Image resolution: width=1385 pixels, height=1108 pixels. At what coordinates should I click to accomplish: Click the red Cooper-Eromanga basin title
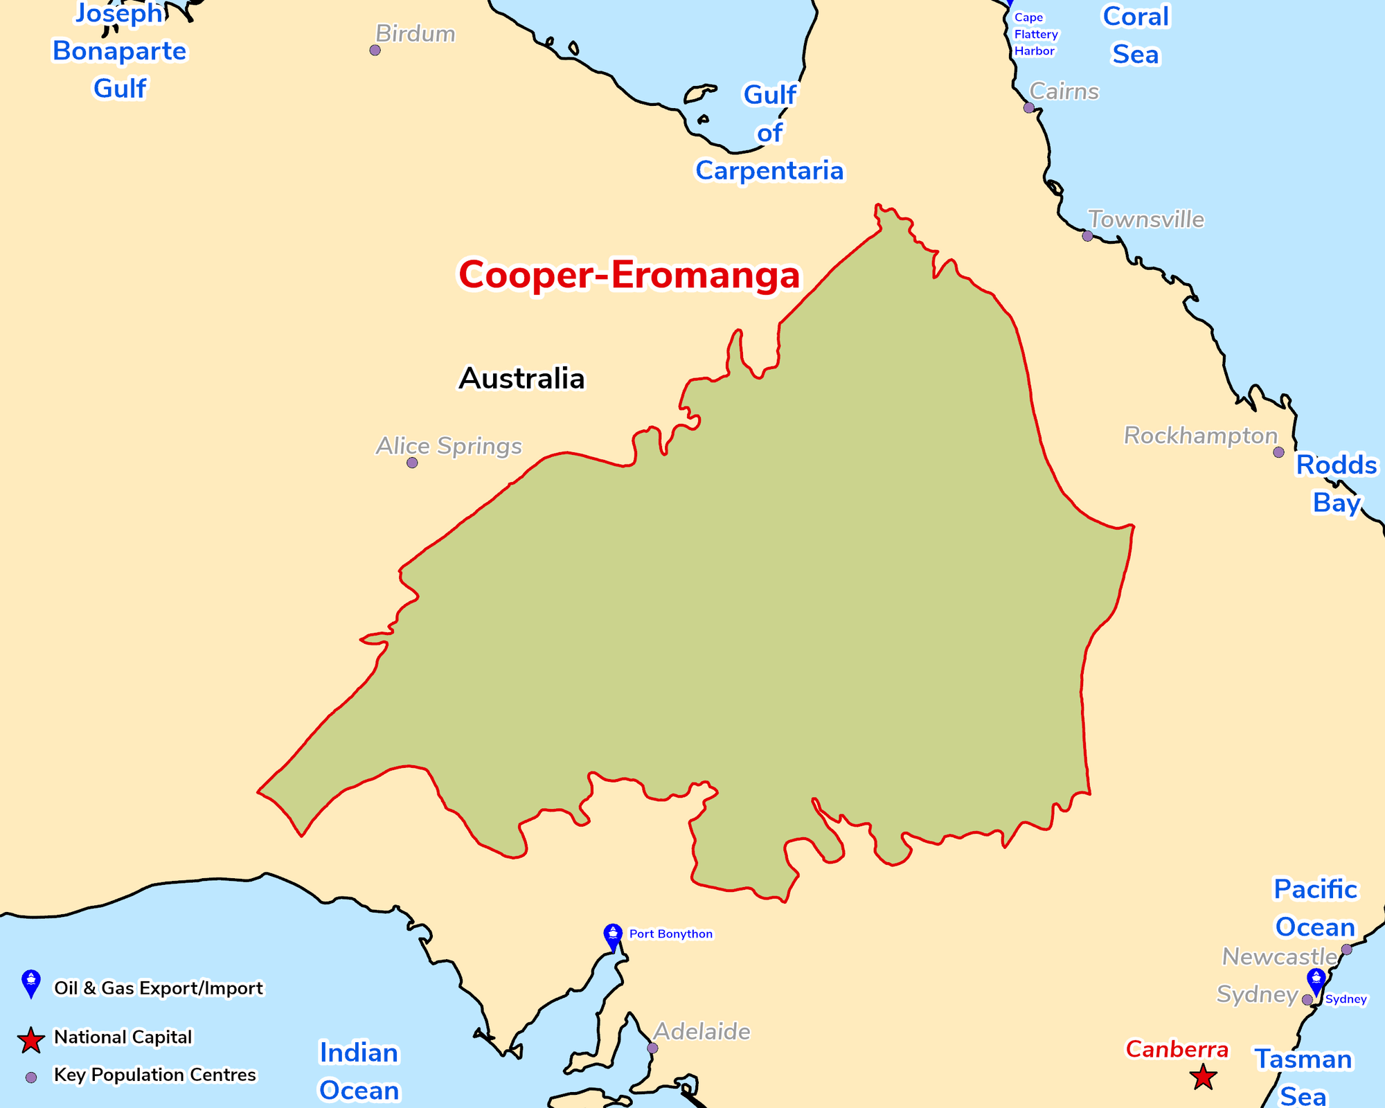[629, 275]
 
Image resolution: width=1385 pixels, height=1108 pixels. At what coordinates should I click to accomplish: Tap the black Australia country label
[521, 379]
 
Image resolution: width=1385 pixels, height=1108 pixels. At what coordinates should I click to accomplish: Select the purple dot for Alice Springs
[412, 463]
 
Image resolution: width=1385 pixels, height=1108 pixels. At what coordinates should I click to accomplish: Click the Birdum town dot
[375, 50]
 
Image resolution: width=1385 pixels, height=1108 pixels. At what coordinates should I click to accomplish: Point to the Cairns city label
[1064, 91]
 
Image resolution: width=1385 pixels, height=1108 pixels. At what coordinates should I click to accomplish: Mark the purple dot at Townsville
[1087, 236]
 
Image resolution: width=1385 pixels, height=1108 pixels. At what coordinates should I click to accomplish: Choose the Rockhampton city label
[1200, 436]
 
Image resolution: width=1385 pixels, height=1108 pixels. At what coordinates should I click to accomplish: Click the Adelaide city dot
[652, 1048]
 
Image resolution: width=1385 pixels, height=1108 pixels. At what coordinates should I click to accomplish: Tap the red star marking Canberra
[1203, 1078]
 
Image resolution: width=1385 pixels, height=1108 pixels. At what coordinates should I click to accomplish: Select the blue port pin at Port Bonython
[613, 937]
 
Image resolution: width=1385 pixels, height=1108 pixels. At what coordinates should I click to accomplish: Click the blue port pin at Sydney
[1316, 981]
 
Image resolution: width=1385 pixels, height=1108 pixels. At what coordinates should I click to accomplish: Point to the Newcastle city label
[1279, 956]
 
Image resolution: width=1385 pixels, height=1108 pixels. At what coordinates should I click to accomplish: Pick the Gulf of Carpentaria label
[769, 132]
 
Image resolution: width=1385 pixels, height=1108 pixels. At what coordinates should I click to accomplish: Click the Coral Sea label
[1136, 35]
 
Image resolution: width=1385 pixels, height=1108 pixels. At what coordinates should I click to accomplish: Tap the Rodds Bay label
[1337, 483]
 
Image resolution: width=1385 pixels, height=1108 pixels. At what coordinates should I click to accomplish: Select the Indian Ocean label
[359, 1071]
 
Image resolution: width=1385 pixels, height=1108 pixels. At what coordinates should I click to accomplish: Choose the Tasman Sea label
[1303, 1078]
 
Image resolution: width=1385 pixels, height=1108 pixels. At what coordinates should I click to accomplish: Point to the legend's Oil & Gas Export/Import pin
[31, 983]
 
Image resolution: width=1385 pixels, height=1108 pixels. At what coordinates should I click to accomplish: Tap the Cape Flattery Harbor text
[1035, 35]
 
